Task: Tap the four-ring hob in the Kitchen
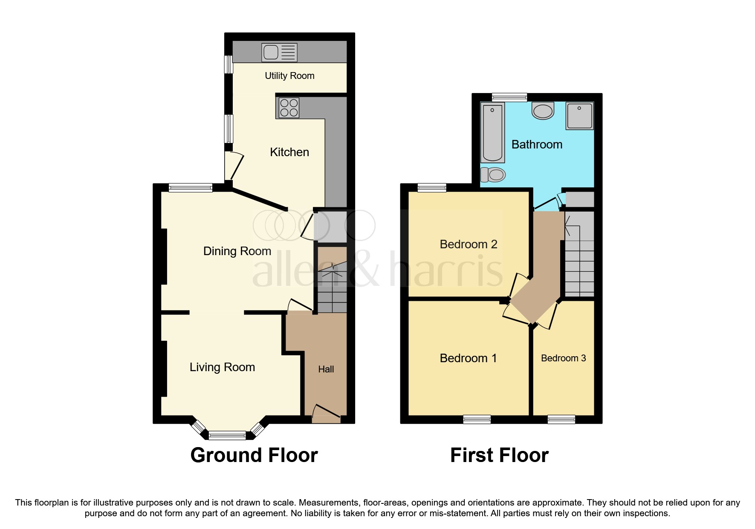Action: tap(289, 108)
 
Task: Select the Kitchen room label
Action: tap(289, 152)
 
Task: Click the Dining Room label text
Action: tap(237, 251)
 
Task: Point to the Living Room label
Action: tap(222, 367)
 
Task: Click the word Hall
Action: tap(326, 369)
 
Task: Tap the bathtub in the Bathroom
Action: tap(492, 133)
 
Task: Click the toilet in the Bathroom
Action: tap(493, 174)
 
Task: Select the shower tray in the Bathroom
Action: tap(579, 115)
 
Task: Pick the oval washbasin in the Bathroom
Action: tap(543, 111)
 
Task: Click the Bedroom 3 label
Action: tap(563, 358)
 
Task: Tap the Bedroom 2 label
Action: tap(469, 244)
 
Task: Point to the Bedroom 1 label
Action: tap(468, 358)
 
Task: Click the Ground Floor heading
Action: tap(254, 455)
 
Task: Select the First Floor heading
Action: tap(499, 455)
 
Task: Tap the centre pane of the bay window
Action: tap(227, 436)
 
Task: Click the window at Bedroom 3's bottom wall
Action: tap(561, 419)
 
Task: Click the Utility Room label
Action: tap(289, 76)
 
